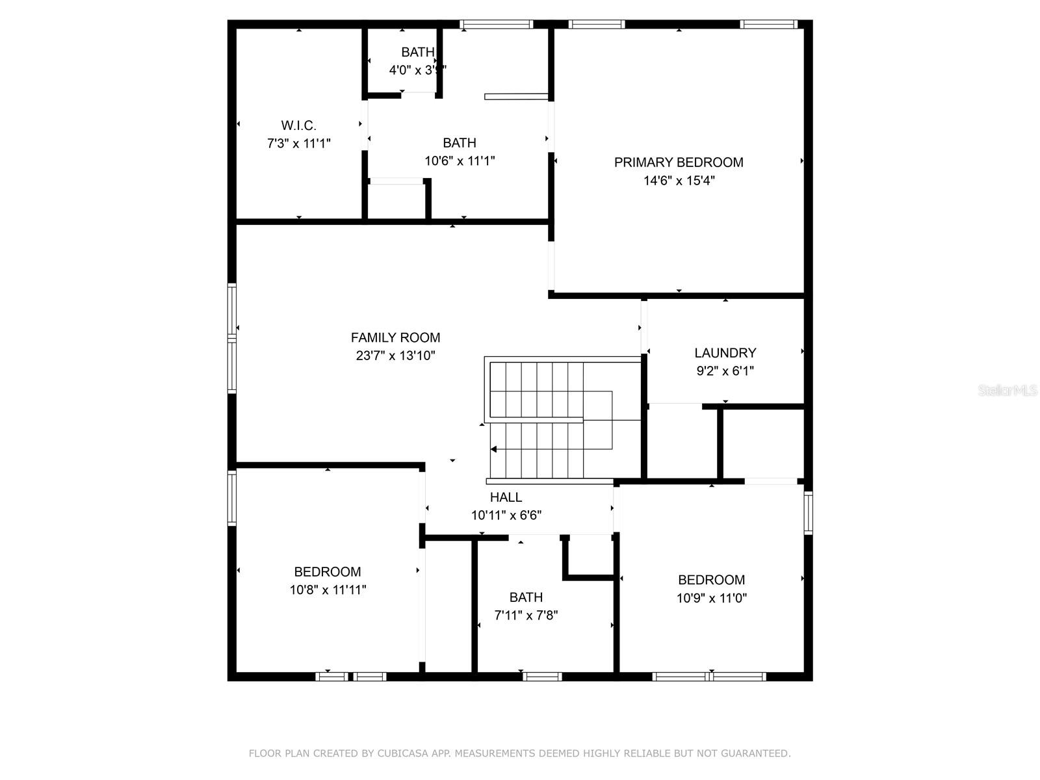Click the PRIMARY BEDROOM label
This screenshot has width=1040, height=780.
(679, 162)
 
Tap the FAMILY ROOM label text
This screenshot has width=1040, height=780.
(395, 337)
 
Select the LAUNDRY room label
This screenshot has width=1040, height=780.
(725, 353)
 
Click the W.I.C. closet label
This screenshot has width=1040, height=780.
(298, 125)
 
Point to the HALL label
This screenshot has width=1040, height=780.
(506, 497)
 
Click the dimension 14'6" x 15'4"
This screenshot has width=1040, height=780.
(679, 181)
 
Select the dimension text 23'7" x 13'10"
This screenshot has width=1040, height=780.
(395, 356)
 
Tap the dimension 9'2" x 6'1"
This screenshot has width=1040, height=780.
(725, 371)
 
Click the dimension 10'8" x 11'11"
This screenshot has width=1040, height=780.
(328, 590)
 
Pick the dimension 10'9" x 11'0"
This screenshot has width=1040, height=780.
(711, 598)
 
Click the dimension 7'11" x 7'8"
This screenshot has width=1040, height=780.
(526, 615)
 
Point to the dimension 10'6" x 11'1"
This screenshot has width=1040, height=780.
(460, 161)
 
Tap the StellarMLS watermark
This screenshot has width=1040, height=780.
(1007, 391)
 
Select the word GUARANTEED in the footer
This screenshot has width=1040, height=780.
(756, 753)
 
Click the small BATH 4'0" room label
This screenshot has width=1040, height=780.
(417, 53)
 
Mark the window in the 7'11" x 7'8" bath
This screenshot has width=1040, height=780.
(542, 677)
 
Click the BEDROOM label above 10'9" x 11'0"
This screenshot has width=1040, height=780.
(711, 580)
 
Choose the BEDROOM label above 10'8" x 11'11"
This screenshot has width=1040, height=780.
(328, 572)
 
